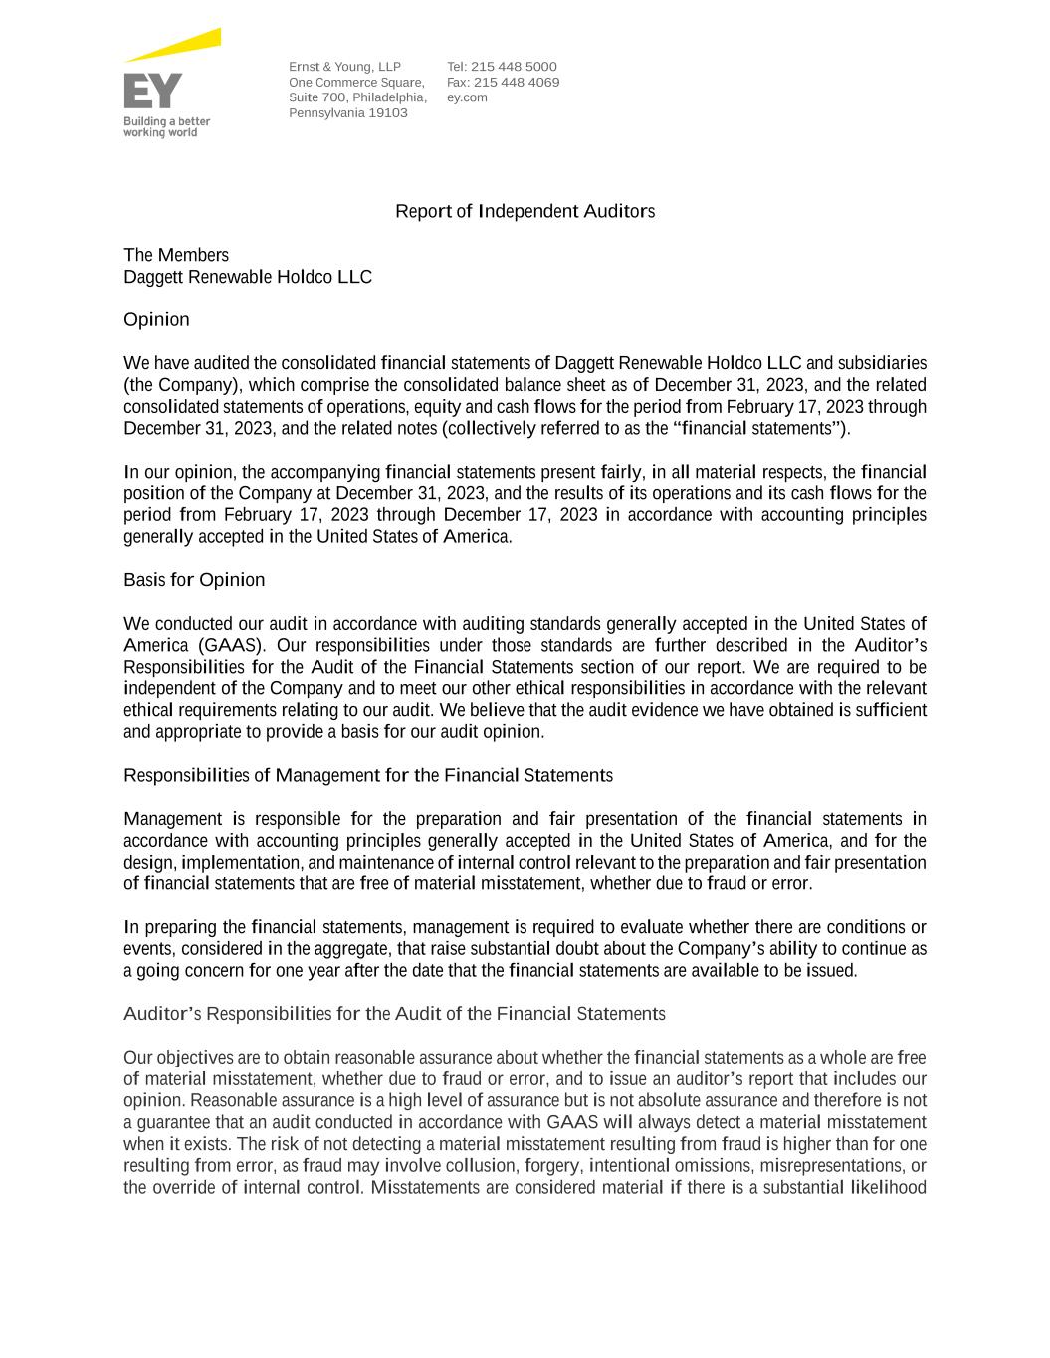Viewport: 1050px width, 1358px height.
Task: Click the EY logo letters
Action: click(x=152, y=91)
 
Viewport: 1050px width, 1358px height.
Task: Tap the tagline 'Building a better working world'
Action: click(x=166, y=126)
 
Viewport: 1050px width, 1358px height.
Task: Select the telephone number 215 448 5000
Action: click(x=514, y=67)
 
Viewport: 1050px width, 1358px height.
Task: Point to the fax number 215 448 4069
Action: click(x=516, y=83)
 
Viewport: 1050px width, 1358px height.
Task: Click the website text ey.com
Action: click(x=467, y=97)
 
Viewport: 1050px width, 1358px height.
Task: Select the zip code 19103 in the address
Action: click(x=387, y=113)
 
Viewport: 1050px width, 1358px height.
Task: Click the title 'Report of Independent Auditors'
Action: click(x=525, y=211)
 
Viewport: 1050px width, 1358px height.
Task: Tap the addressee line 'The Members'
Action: click(x=176, y=255)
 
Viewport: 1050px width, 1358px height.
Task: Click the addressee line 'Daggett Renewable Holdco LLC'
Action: click(x=248, y=277)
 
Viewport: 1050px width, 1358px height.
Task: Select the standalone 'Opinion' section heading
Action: click(x=156, y=319)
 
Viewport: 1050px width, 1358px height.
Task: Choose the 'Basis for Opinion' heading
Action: click(x=194, y=580)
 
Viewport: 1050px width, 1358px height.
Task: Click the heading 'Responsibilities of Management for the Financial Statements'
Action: click(x=368, y=775)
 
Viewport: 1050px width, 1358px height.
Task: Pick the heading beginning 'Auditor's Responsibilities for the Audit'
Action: click(x=394, y=1014)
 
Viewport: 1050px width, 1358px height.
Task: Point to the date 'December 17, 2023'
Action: click(x=520, y=515)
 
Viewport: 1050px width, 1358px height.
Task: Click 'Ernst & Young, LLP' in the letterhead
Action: click(x=344, y=67)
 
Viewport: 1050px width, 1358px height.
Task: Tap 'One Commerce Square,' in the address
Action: click(x=356, y=83)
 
